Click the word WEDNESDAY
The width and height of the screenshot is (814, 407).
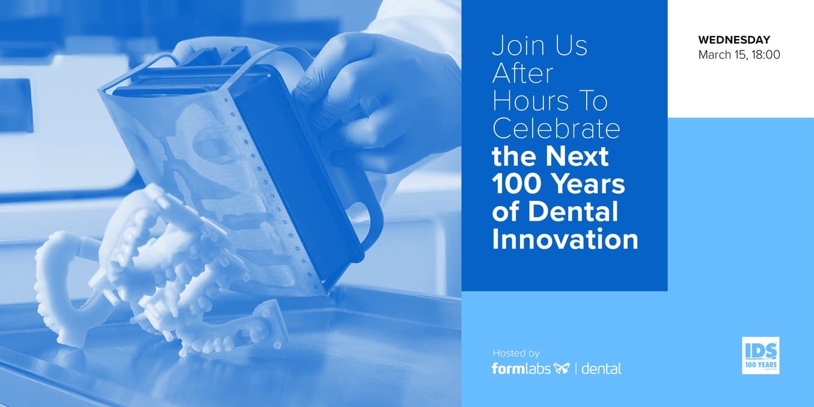coord(734,39)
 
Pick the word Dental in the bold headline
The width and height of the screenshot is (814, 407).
coord(573,211)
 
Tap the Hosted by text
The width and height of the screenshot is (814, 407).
coord(516,353)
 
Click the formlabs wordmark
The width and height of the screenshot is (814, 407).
coord(521,368)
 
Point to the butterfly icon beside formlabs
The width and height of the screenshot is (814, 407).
coord(562,369)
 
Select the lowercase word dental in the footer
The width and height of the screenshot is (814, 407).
coord(601,369)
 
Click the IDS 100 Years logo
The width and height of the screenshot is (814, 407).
coord(760,355)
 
